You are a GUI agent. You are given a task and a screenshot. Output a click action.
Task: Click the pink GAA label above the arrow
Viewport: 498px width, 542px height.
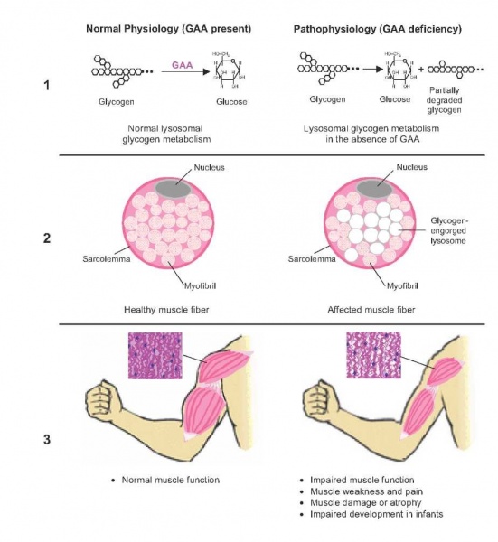pyautogui.click(x=183, y=66)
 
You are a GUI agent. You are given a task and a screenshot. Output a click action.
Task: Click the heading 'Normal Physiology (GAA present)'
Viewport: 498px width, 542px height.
pyautogui.click(x=168, y=30)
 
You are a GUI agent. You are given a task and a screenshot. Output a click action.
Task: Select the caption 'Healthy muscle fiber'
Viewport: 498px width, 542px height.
pyautogui.click(x=167, y=310)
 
